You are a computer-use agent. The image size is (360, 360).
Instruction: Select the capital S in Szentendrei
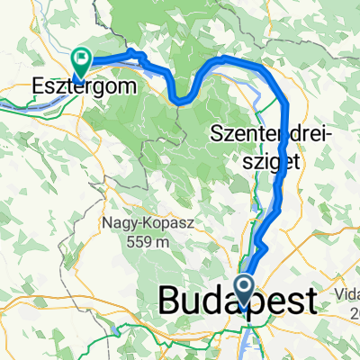tap(215, 136)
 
